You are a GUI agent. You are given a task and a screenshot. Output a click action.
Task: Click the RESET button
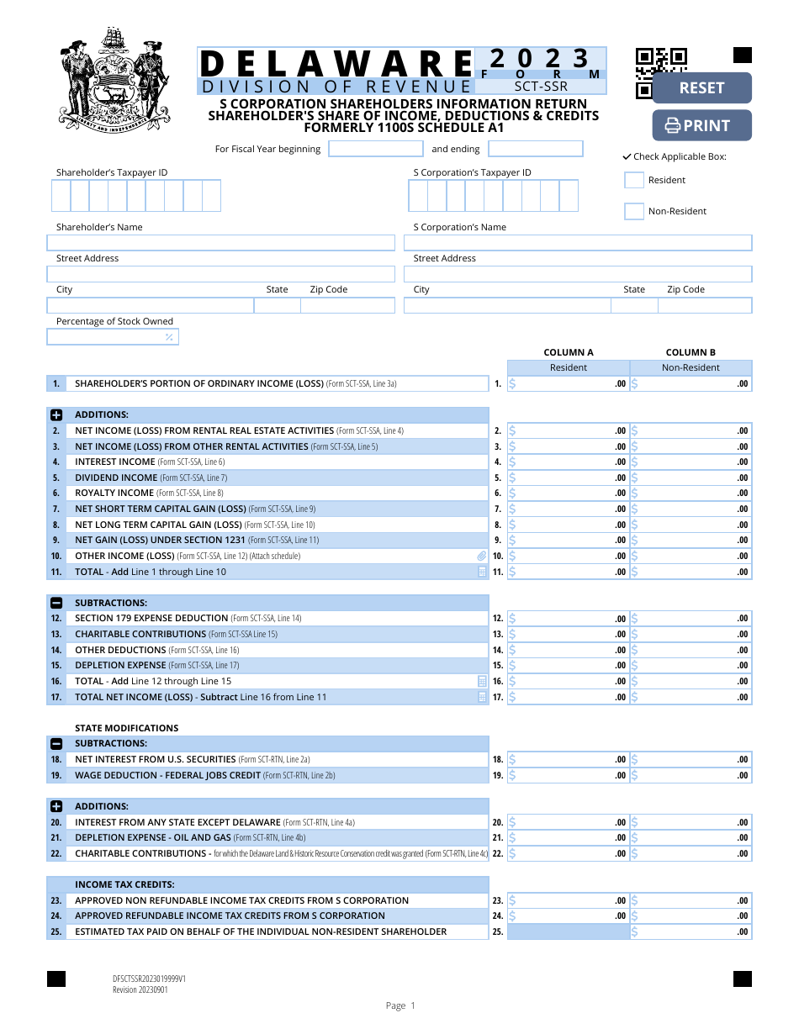click(701, 88)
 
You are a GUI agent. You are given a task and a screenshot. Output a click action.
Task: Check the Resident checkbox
click(634, 180)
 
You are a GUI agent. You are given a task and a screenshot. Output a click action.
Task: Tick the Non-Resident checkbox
click(634, 211)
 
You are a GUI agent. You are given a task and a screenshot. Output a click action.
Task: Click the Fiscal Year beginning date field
click(376, 149)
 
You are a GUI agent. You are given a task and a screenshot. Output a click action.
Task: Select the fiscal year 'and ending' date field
click(535, 149)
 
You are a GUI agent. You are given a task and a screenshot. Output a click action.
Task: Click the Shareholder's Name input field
click(220, 243)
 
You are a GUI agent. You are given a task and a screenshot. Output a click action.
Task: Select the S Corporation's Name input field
click(578, 243)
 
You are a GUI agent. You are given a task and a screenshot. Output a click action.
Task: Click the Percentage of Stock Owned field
click(112, 337)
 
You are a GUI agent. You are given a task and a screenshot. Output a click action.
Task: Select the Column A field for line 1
click(569, 384)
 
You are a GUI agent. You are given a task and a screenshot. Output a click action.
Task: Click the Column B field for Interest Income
click(691, 462)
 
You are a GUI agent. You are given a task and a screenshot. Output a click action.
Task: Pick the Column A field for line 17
click(569, 697)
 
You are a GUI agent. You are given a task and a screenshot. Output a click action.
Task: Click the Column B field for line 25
click(691, 931)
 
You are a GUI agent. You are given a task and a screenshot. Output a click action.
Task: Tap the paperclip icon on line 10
click(482, 557)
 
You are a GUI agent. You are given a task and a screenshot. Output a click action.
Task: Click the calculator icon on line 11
click(482, 572)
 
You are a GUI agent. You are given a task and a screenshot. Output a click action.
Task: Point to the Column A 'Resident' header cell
click(569, 367)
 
